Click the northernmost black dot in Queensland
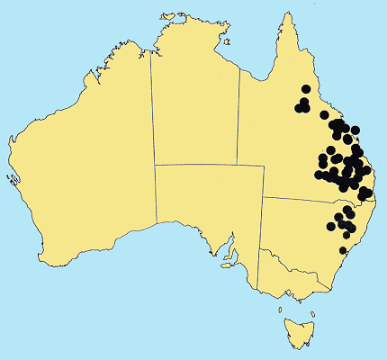coord(306,88)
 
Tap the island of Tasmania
coord(296,329)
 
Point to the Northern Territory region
coord(193,108)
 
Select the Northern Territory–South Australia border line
coord(198,165)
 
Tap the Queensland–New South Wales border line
coord(306,199)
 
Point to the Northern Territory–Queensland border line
coord(239,117)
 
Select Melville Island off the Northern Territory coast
coord(165,15)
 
